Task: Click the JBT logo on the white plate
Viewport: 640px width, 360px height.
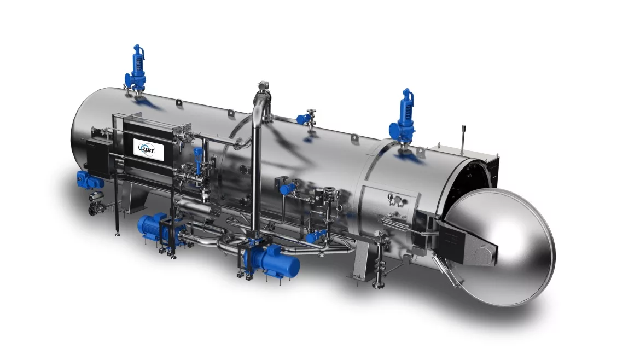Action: pyautogui.click(x=149, y=149)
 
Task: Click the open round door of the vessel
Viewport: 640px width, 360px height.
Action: pyautogui.click(x=500, y=247)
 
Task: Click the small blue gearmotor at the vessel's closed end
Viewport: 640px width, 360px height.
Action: pyautogui.click(x=88, y=180)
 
